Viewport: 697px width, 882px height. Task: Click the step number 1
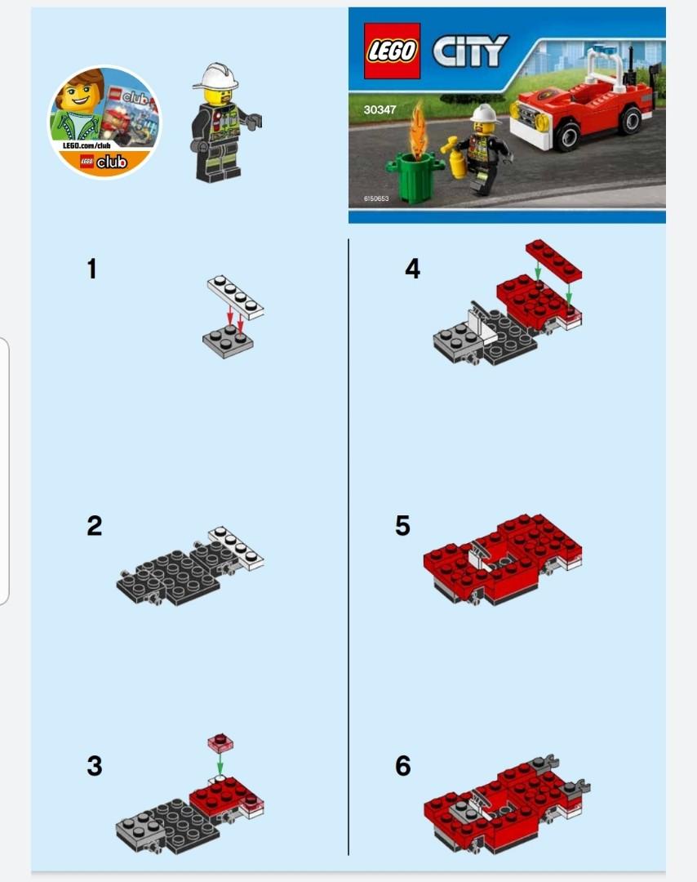[x=92, y=269]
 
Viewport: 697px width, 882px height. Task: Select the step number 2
[x=95, y=525]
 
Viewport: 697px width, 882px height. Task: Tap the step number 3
[x=95, y=766]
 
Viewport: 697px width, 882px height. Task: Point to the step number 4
[x=413, y=269]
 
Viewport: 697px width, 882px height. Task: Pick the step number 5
[x=402, y=525]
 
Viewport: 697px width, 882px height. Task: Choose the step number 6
[x=402, y=766]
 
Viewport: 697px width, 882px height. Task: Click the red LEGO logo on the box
[x=392, y=51]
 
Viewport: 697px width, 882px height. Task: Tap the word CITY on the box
[x=470, y=51]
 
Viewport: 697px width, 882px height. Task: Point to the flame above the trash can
[x=419, y=127]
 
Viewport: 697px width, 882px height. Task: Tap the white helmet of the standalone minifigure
[x=215, y=77]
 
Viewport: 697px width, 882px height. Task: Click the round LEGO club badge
[x=104, y=122]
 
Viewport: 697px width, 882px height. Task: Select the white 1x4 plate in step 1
[x=236, y=296]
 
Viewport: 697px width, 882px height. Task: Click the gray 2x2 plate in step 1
[x=228, y=338]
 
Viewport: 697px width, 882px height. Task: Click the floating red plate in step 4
[x=553, y=257]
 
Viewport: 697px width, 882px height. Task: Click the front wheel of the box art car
[x=569, y=136]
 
